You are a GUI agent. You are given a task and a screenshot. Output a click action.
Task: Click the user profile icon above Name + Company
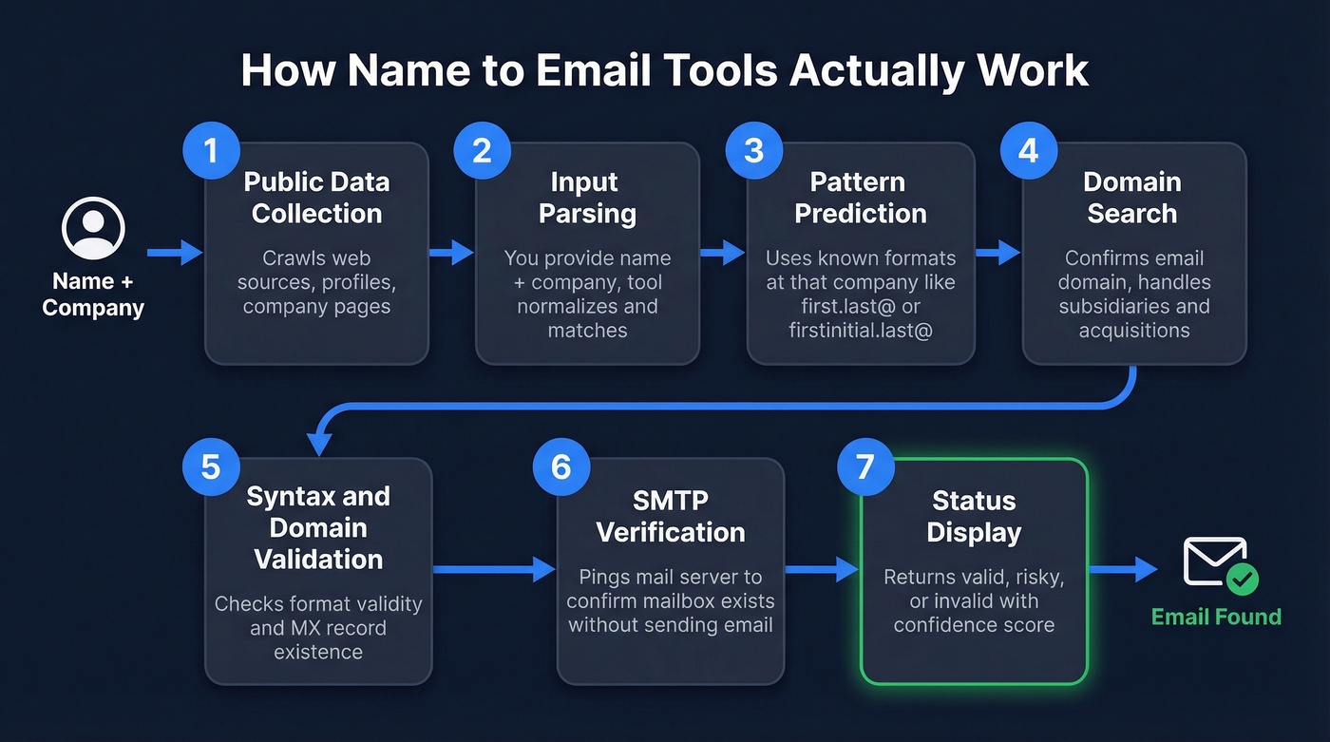click(93, 229)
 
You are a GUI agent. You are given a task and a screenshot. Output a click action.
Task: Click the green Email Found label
click(1216, 617)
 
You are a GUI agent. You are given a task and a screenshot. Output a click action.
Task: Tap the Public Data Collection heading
click(316, 198)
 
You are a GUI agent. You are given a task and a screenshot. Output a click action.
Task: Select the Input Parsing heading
click(586, 198)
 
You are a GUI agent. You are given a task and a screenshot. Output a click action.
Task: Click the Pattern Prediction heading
click(861, 198)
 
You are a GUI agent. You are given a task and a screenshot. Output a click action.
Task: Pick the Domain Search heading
click(1131, 198)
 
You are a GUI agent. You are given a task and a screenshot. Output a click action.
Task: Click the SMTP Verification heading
click(670, 516)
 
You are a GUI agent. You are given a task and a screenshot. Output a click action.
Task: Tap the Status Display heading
click(974, 516)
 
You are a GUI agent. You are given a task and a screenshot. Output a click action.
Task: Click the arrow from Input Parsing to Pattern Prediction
click(723, 252)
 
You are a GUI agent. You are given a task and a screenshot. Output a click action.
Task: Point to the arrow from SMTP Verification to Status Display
click(822, 569)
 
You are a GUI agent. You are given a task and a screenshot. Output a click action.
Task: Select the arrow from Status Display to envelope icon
click(1123, 569)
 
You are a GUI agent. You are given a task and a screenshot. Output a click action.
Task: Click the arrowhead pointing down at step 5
click(319, 442)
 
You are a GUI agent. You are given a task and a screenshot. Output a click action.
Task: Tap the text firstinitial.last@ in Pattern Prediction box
click(861, 331)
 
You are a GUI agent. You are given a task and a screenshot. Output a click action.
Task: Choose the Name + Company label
click(93, 295)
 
